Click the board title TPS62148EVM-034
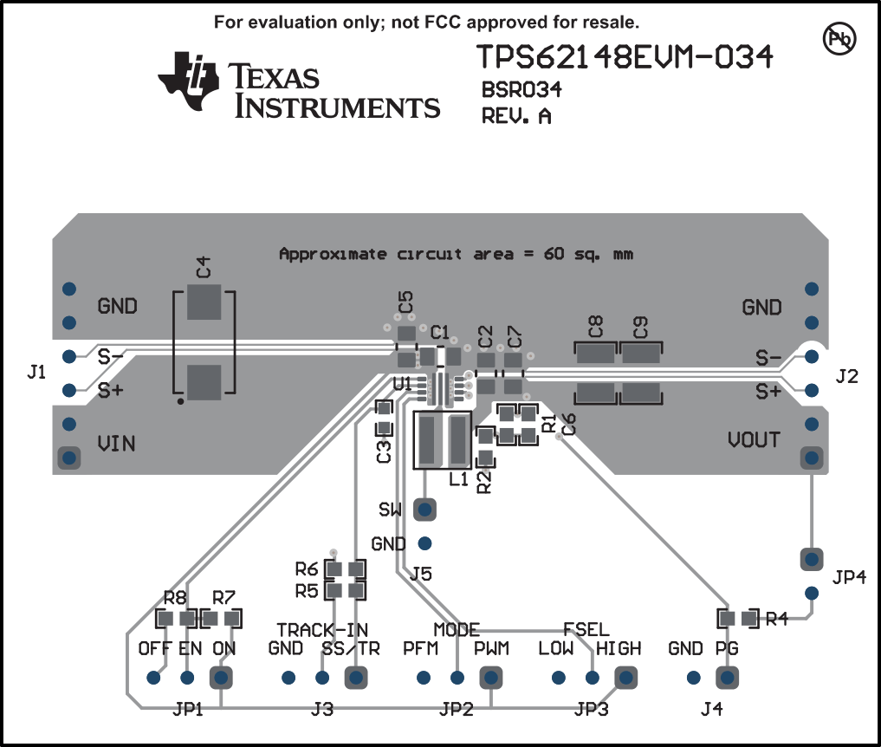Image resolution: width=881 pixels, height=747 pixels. point(625,57)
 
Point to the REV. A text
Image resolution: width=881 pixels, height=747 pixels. point(516,115)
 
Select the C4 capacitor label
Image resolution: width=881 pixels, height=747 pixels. point(203,266)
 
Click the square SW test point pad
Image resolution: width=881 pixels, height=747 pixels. point(424,509)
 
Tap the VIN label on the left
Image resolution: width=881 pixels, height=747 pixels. point(116,444)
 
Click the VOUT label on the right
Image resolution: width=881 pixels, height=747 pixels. point(754,439)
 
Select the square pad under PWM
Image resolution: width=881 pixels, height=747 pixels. point(491,677)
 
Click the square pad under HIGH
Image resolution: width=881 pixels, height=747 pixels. point(624,677)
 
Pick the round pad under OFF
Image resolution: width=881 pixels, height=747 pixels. point(154,677)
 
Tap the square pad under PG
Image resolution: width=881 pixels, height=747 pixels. point(728,677)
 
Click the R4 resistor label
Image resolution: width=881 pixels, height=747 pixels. point(776,619)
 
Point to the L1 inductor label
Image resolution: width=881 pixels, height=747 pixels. point(458,478)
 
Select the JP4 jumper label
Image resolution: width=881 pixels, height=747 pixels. point(850,576)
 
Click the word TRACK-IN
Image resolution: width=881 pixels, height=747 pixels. point(322,628)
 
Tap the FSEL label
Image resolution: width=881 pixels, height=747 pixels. point(586,628)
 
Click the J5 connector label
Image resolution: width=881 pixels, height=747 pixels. point(421,573)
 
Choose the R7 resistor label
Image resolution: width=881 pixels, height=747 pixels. point(223,597)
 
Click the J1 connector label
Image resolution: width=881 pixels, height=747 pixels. point(36,373)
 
